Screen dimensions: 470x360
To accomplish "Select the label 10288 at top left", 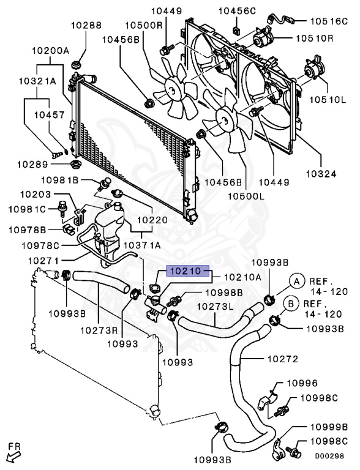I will coord(86,26).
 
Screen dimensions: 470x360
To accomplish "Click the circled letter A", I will coord(296,281).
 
